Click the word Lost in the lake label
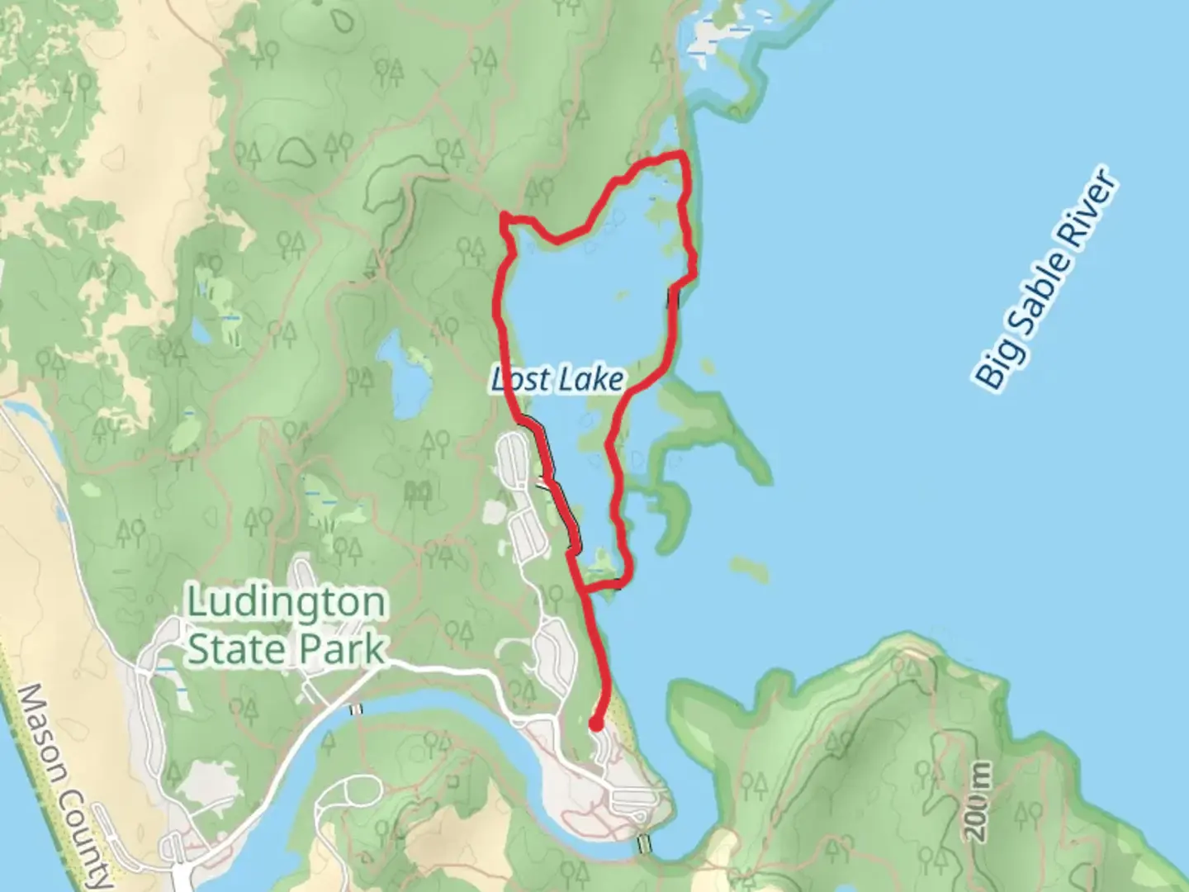click(x=521, y=380)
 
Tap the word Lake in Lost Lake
click(x=590, y=380)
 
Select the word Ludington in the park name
click(x=287, y=602)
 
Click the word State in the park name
click(x=239, y=648)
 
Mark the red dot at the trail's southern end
click(x=595, y=725)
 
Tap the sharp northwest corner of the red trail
click(x=504, y=217)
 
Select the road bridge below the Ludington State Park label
click(x=356, y=709)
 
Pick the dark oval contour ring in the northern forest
click(x=296, y=149)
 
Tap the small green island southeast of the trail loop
click(x=748, y=567)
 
